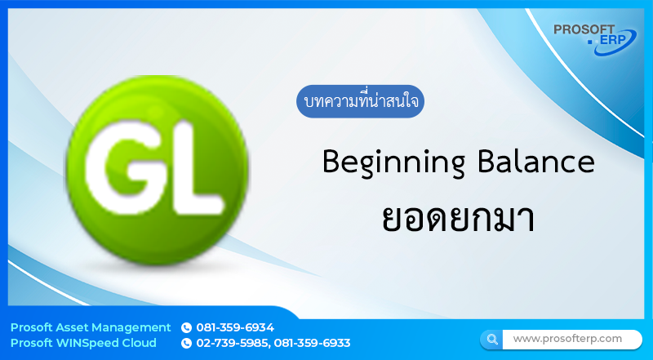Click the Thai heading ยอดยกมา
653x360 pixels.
pyautogui.click(x=458, y=219)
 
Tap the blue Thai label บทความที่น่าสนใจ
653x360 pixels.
pyautogui.click(x=360, y=103)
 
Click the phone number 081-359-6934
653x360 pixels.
pyautogui.click(x=235, y=327)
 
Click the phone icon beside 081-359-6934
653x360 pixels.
pyautogui.click(x=186, y=327)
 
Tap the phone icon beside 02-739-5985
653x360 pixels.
pyautogui.click(x=186, y=343)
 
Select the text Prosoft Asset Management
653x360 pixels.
pyautogui.click(x=91, y=327)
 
